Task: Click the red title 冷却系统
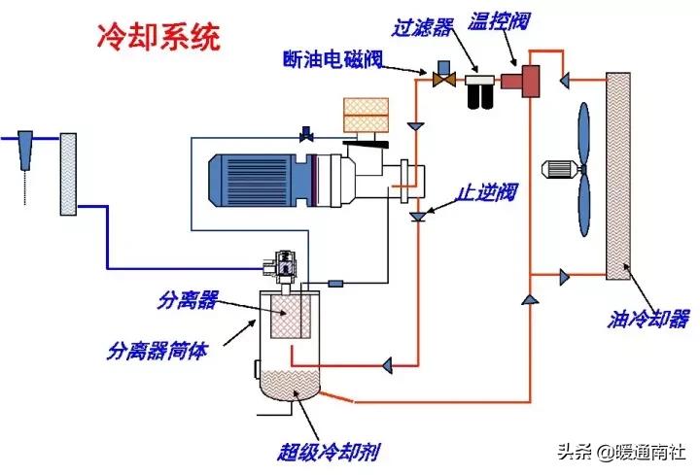(x=158, y=36)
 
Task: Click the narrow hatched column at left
(x=68, y=175)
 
